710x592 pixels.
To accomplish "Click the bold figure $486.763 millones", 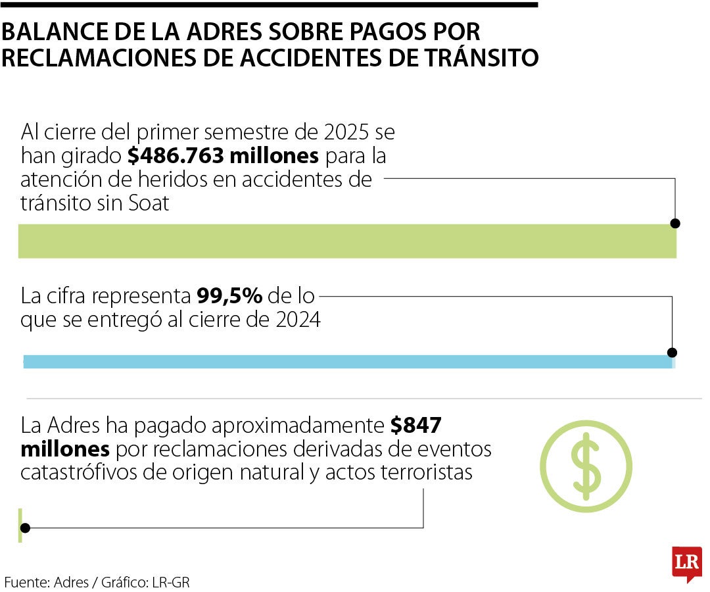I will [223, 156].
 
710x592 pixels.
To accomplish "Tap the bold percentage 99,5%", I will [229, 296].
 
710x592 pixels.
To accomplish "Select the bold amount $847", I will [415, 426].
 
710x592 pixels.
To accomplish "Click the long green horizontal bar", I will [347, 241].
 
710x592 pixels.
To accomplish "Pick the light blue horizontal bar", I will [347, 361].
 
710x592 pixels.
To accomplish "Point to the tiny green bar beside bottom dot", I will [20, 524].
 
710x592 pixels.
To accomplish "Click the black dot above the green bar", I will [674, 224].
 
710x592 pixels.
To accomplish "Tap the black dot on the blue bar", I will [672, 352].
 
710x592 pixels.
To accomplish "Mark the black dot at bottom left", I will [26, 528].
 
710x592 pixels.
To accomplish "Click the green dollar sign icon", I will [586, 466].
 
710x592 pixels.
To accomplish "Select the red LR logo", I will [686, 563].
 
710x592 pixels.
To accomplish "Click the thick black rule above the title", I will [270, 5].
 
